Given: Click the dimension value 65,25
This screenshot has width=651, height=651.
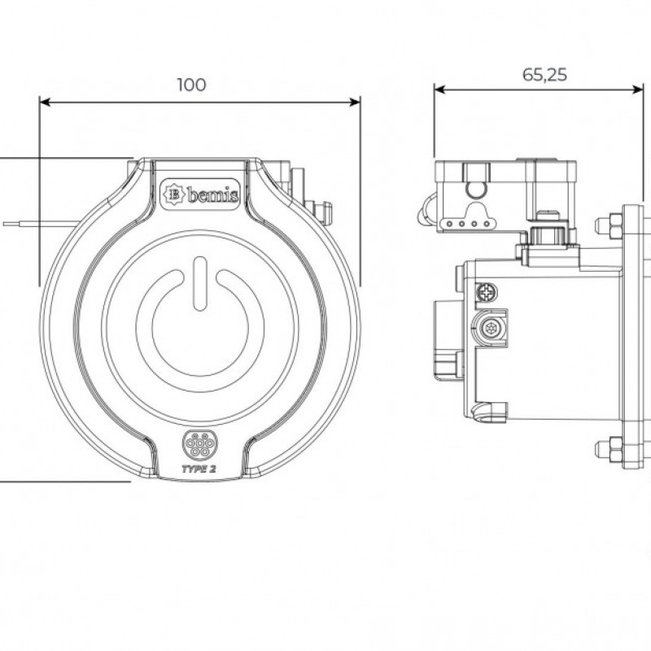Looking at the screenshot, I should point(544,75).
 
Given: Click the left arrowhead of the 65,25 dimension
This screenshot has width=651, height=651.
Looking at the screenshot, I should point(439,90).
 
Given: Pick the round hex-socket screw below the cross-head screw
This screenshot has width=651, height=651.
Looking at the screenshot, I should point(491,329).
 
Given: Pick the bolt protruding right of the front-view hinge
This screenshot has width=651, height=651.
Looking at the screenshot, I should point(325,213).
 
